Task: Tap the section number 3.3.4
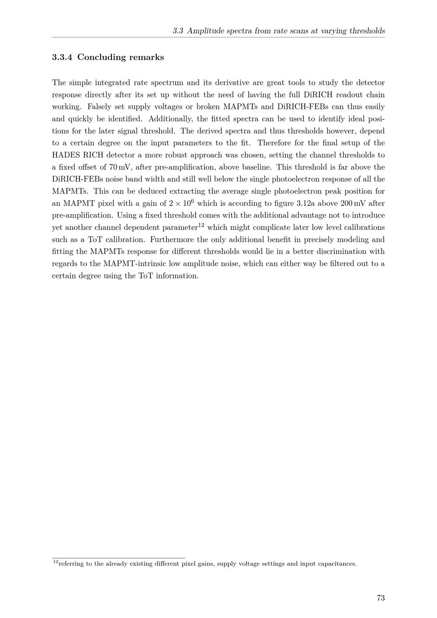click(x=62, y=57)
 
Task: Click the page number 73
click(x=380, y=598)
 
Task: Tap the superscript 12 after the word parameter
click(x=201, y=226)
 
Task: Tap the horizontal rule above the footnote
click(x=118, y=558)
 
